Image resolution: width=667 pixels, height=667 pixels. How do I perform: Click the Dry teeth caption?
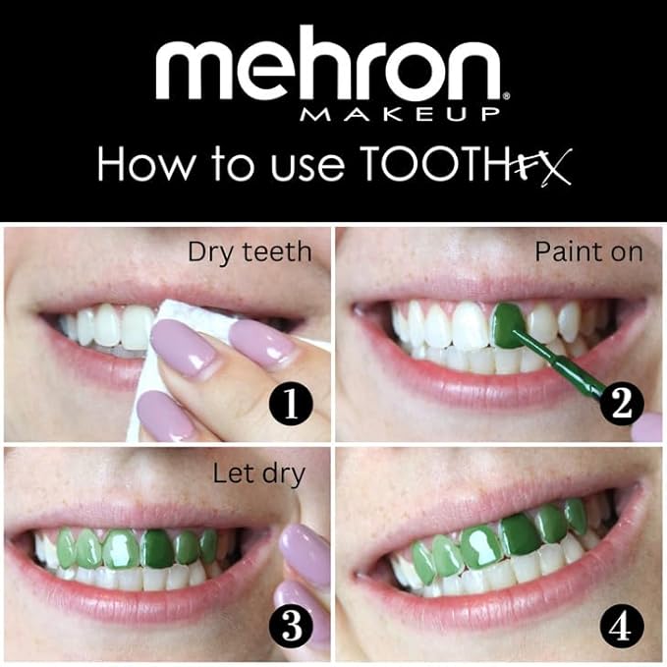(x=250, y=252)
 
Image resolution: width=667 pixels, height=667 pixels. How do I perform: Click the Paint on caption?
(x=588, y=252)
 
